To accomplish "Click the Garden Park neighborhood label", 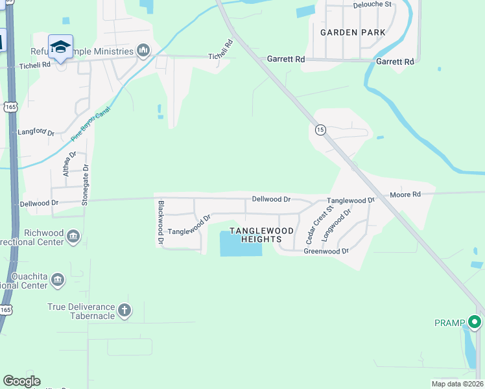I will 353,32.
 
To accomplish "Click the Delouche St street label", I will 373,4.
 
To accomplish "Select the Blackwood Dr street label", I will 160,222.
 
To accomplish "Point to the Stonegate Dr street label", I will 85,184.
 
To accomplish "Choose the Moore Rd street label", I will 405,194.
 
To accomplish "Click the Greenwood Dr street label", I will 326,251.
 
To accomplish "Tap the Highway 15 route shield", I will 320,130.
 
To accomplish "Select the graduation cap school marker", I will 60,47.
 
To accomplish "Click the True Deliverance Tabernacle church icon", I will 124,311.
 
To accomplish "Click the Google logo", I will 21,381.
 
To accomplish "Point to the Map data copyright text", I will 456,384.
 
